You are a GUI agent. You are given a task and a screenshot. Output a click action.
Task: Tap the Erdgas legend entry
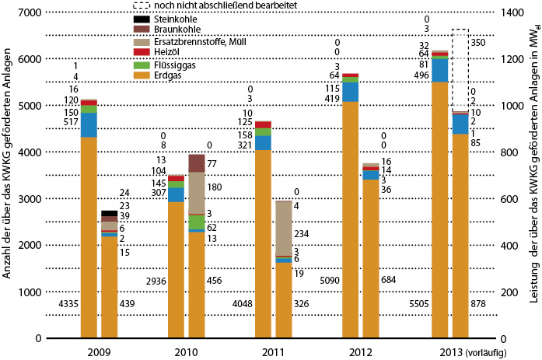(x=167, y=76)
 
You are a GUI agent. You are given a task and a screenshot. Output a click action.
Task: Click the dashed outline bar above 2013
(x=460, y=70)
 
